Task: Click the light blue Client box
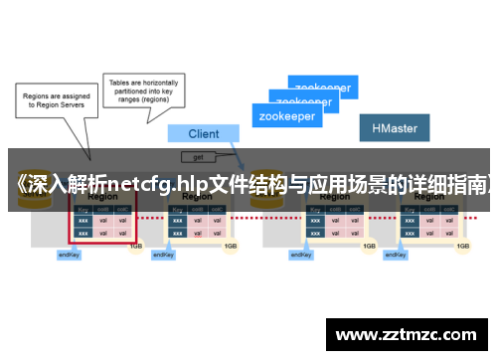point(204,133)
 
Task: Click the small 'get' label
point(199,157)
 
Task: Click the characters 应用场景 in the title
point(350,184)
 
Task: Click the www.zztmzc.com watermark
point(408,335)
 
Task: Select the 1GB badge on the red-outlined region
point(134,245)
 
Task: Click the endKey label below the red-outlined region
point(69,255)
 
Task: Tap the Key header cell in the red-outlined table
point(82,210)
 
